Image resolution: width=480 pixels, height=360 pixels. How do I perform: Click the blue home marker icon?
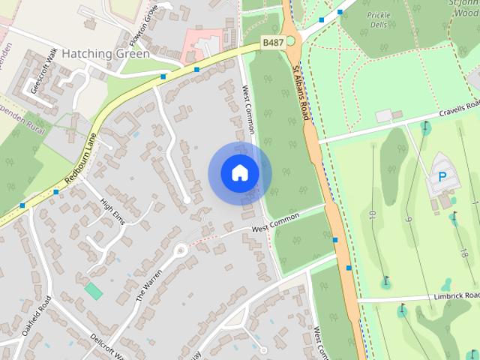pyautogui.click(x=239, y=173)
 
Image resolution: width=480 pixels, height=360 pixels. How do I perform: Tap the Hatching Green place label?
pyautogui.click(x=106, y=54)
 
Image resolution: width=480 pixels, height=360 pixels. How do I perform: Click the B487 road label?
pyautogui.click(x=272, y=43)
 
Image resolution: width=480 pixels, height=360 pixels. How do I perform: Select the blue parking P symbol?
pyautogui.click(x=441, y=178)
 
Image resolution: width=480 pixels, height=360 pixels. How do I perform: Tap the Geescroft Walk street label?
pyautogui.click(x=43, y=71)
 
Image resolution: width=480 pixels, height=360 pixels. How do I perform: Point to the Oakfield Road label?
pyautogui.click(x=35, y=316)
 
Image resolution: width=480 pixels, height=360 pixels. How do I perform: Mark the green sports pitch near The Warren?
pyautogui.click(x=94, y=290)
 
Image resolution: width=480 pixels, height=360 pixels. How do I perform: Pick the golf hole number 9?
pyautogui.click(x=409, y=220)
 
